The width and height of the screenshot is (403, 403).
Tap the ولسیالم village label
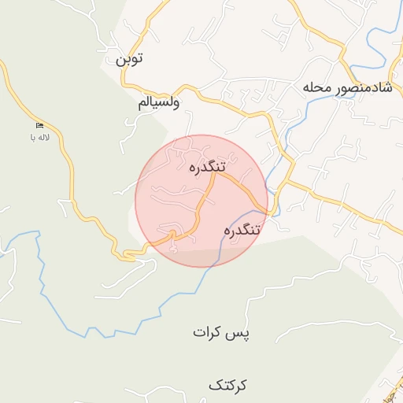point(159,103)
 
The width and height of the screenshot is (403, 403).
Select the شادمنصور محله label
point(347,87)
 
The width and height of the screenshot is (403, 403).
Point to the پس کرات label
point(221,333)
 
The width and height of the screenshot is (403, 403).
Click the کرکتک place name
point(227,385)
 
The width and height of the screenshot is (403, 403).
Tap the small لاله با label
point(39,137)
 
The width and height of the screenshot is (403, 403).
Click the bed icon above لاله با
point(39,126)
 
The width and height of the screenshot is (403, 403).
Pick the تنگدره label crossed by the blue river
point(242,231)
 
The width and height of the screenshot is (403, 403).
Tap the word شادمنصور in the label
point(365,87)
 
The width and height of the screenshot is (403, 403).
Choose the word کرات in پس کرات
point(211,333)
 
